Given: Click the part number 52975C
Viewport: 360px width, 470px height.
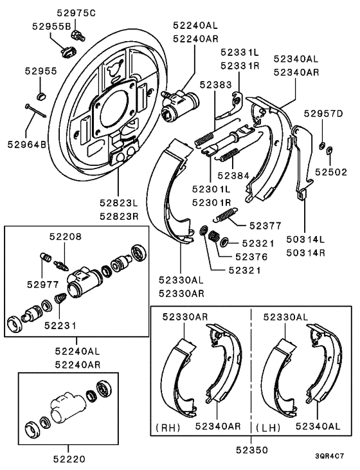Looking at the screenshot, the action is tap(76, 14).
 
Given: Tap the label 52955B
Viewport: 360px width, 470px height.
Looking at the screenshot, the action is tap(52, 26).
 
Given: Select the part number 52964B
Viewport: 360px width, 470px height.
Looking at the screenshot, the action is tap(26, 145).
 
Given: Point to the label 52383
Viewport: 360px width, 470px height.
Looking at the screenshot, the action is tap(216, 85).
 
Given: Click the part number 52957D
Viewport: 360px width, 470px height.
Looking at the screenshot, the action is tap(323, 114).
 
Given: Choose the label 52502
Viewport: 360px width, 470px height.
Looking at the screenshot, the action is tap(331, 172).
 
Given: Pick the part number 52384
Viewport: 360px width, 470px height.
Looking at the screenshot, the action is tap(233, 176).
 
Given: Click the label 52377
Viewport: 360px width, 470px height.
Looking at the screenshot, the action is tap(265, 226).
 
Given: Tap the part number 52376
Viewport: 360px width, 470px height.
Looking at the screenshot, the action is tap(251, 257).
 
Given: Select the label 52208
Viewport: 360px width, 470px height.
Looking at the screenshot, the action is tap(66, 237).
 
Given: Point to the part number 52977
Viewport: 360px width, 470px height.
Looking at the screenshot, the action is tap(43, 284).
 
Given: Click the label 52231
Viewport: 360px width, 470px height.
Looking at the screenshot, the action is tap(60, 325).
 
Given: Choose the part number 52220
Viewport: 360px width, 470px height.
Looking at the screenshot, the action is tap(69, 458).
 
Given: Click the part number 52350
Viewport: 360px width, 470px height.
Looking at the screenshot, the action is tap(252, 449).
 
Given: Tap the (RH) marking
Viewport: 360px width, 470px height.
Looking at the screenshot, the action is tap(168, 428).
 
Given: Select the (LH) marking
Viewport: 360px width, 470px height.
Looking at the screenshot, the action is tap(268, 428).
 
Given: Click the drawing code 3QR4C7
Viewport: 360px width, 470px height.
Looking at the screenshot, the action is tap(329, 456).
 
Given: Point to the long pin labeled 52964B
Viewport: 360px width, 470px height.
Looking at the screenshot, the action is tap(35, 111).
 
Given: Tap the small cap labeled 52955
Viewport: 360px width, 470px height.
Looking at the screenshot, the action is tap(42, 96).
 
